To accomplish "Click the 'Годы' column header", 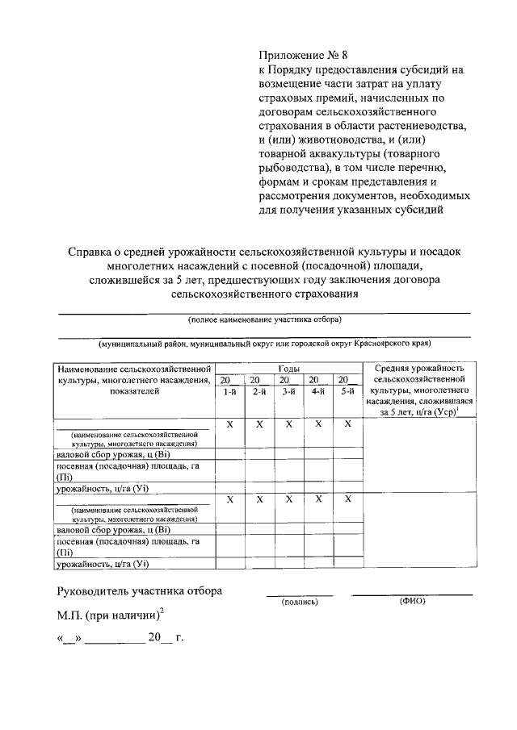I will point(288,368).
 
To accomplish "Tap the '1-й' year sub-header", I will point(229,391).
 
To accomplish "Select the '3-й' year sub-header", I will point(288,391).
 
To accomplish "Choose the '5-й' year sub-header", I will point(348,391).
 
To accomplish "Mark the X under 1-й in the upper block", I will point(229,423).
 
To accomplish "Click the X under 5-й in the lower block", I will point(348,499).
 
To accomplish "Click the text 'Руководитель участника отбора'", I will point(138,590).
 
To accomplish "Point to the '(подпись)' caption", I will point(299,602).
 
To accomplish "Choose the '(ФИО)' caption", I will point(412,601).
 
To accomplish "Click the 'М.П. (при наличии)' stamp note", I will point(108,615).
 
